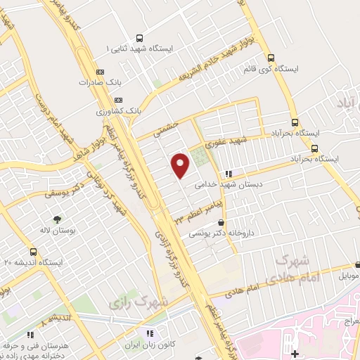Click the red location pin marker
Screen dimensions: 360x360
tap(181, 165)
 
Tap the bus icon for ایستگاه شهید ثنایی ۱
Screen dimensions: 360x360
tap(139, 38)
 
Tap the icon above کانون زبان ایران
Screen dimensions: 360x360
tap(148, 333)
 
